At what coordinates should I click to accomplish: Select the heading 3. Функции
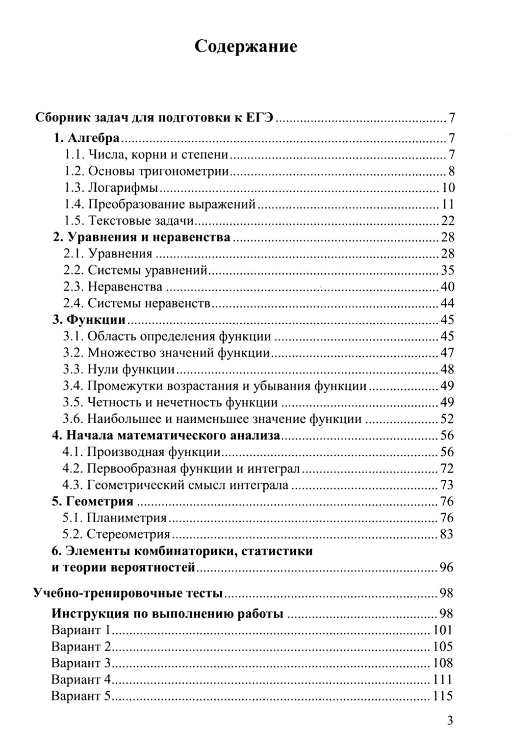[89, 320]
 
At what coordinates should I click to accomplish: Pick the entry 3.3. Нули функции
[119, 369]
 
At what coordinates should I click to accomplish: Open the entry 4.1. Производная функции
[142, 452]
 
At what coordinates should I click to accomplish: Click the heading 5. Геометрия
[93, 502]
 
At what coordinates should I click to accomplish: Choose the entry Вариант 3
[82, 663]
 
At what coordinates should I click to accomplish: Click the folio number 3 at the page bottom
[449, 720]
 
